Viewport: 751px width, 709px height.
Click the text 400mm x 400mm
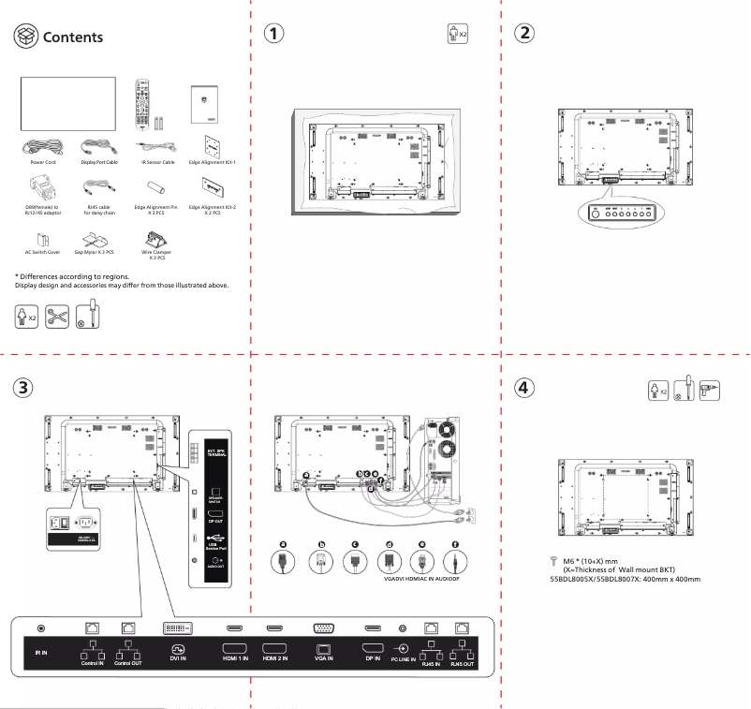(x=671, y=578)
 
